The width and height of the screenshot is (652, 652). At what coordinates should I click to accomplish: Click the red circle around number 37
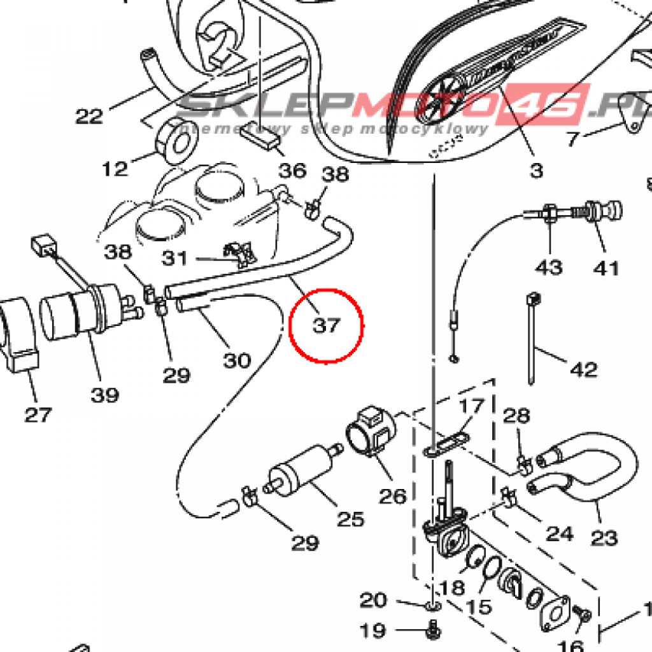(326, 325)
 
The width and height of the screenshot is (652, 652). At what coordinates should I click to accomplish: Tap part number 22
(89, 116)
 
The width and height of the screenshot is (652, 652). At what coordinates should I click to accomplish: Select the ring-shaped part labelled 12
(174, 138)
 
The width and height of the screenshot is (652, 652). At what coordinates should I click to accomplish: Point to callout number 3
(536, 170)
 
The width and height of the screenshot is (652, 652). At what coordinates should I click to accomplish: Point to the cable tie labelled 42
(530, 337)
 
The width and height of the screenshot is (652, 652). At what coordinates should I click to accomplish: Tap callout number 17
(472, 407)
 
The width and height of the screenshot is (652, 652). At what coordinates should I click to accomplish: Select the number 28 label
(516, 416)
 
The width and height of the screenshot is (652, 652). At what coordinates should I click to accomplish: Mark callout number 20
(373, 600)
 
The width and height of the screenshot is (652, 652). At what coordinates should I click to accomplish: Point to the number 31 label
(175, 258)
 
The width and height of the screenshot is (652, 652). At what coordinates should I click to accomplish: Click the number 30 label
(237, 360)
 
